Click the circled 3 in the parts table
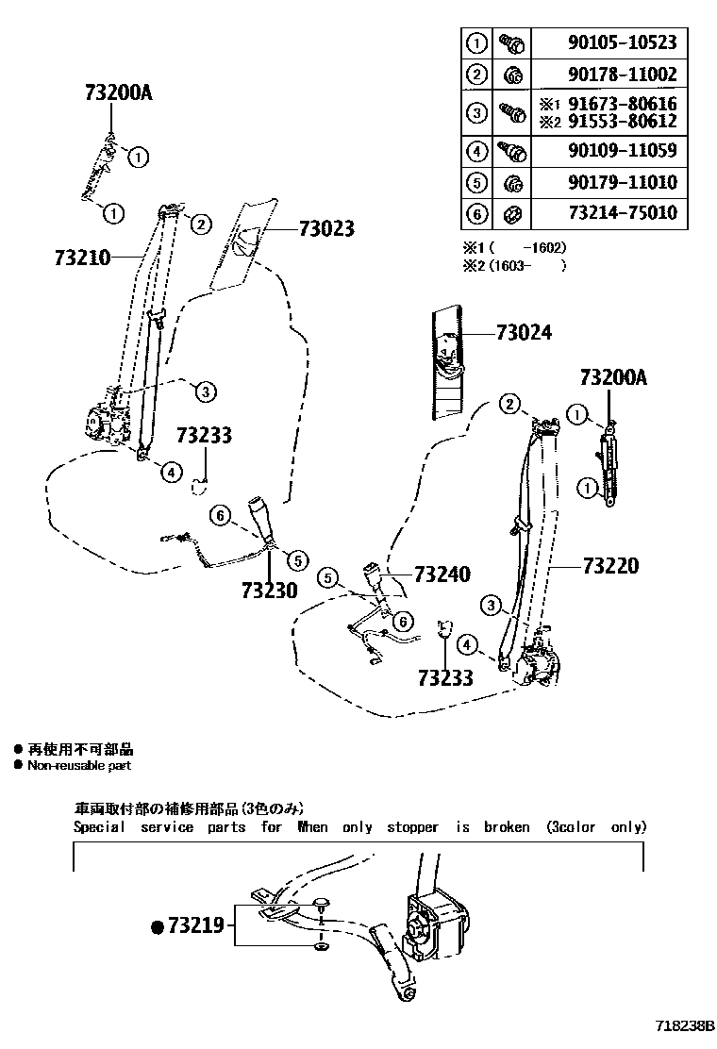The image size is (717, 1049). point(477,113)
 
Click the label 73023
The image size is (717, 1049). point(325,227)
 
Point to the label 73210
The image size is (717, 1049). point(84,256)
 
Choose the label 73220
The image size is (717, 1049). point(610,565)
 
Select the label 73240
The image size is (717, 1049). point(442,574)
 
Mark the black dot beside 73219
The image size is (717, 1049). point(158,926)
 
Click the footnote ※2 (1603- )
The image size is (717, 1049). point(513,265)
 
